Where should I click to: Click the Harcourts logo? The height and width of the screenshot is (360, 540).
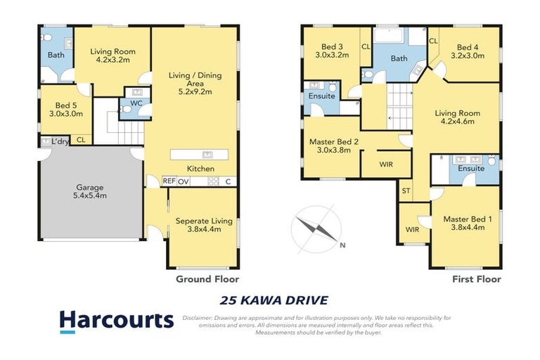click(x=117, y=321)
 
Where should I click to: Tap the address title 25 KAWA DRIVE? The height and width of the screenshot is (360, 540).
click(x=274, y=300)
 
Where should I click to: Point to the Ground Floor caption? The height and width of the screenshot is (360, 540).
click(x=203, y=279)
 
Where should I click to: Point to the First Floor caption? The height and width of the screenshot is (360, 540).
click(x=476, y=279)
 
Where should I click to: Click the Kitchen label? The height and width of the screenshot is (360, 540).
click(x=200, y=169)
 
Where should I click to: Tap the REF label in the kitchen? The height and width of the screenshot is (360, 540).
click(x=169, y=181)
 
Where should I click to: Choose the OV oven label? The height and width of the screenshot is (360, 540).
click(x=184, y=181)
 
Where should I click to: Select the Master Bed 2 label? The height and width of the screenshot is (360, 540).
click(x=335, y=146)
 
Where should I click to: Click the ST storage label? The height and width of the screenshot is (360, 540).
click(x=406, y=191)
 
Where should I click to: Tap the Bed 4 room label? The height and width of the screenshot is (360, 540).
click(x=468, y=52)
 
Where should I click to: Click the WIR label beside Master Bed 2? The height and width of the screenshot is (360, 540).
click(x=385, y=165)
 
